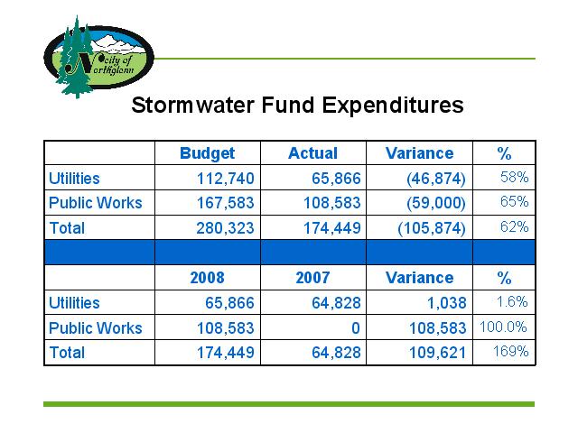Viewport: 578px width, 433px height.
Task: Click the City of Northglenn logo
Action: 98,57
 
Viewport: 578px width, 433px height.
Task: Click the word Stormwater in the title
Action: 192,105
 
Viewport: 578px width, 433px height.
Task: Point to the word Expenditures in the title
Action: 393,106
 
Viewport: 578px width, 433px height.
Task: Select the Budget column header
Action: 207,153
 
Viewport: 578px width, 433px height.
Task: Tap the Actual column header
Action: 313,153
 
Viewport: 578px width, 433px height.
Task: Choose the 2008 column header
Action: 207,278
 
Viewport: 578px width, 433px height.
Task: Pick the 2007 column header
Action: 313,278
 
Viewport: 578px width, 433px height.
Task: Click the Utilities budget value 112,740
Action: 226,179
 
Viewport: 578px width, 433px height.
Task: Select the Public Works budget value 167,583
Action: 226,203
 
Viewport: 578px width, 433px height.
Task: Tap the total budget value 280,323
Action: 225,228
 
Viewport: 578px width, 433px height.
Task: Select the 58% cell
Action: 515,177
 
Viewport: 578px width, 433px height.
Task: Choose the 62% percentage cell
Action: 515,226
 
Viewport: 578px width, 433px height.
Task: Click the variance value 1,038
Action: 447,303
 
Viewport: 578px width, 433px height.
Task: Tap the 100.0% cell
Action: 503,327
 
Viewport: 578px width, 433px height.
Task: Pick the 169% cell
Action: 511,351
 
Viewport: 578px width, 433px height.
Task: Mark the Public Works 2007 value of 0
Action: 356,328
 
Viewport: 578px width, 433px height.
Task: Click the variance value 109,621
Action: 438,353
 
